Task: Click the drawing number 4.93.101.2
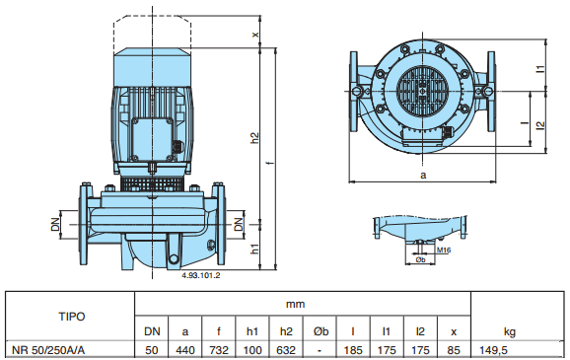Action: pos(200,275)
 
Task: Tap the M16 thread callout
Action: pos(444,251)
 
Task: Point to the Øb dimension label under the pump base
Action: pos(420,259)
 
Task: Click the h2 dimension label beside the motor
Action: pos(255,137)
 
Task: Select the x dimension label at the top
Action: pos(256,35)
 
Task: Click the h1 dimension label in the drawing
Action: pos(255,250)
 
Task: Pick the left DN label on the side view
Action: pos(55,224)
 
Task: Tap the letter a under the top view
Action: pos(423,175)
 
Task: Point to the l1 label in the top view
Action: pos(541,69)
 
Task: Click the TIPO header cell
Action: pos(72,317)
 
